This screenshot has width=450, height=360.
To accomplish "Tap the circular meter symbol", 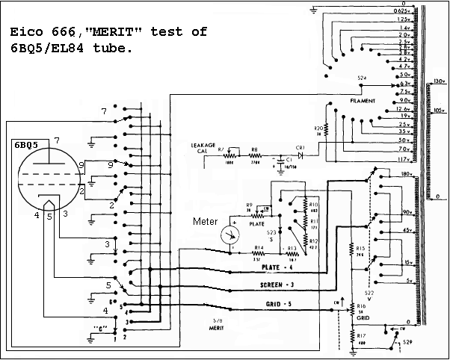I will click(232, 234).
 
